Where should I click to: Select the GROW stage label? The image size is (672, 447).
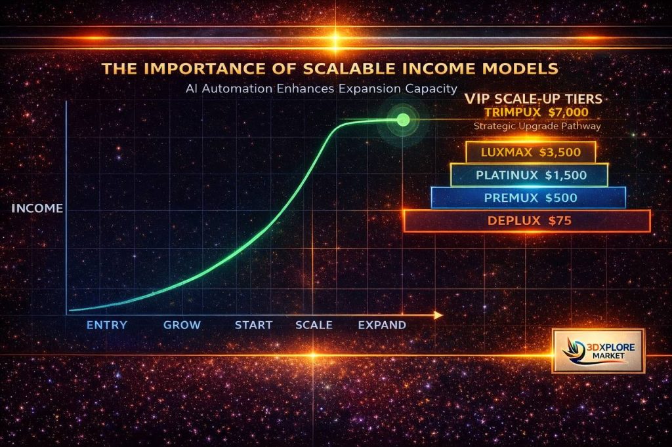(x=182, y=325)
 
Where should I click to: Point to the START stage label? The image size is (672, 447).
(x=254, y=325)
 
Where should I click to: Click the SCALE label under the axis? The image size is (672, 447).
(x=314, y=325)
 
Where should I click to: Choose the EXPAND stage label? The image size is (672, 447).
(x=382, y=325)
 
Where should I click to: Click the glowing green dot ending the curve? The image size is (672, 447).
(x=403, y=119)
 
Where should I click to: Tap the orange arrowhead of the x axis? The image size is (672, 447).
(x=438, y=315)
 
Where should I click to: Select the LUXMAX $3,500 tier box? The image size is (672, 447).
(x=530, y=153)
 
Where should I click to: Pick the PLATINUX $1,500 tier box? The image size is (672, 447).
(x=528, y=175)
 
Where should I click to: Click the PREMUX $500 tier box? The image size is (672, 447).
(x=528, y=197)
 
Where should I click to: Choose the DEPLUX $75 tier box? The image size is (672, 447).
(x=527, y=221)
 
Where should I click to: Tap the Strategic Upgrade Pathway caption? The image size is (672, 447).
(x=537, y=126)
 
